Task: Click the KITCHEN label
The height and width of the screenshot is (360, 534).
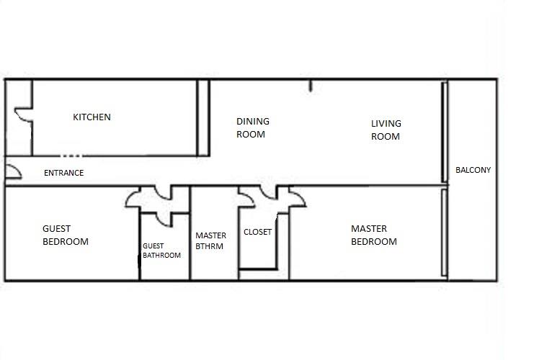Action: point(92,117)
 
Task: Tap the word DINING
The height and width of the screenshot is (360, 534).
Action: point(253,122)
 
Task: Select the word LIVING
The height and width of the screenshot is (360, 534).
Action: point(386,124)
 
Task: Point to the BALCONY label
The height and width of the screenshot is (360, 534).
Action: point(473,171)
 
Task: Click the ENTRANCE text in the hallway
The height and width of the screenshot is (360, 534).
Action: point(63,173)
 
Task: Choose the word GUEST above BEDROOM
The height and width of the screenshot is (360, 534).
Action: point(56,229)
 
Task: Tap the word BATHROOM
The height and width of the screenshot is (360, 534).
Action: point(161,255)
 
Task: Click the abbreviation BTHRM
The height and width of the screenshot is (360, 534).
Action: point(209,246)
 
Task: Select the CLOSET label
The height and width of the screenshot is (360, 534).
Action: point(257,233)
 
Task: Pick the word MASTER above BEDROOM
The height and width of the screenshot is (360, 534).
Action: point(368,229)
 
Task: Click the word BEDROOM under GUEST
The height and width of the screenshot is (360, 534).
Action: point(65,242)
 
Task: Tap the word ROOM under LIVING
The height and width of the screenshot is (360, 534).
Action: point(385,137)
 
